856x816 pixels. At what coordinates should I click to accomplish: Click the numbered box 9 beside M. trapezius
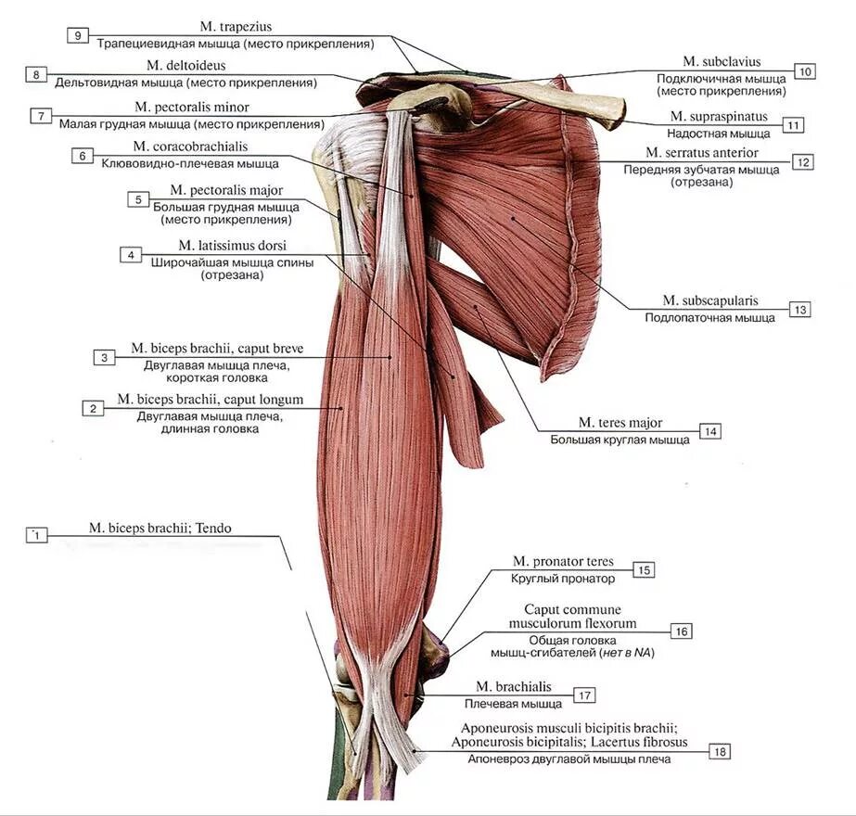click(x=79, y=35)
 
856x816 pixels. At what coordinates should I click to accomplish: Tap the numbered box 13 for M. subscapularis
click(x=799, y=309)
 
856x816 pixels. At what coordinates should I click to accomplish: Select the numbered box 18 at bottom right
click(x=719, y=751)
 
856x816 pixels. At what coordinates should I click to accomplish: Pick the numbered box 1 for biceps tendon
click(x=35, y=535)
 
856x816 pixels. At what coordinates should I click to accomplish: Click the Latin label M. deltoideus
click(x=185, y=66)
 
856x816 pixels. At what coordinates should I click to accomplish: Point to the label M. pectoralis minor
click(x=191, y=108)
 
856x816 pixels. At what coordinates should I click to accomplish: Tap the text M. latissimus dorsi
click(x=232, y=246)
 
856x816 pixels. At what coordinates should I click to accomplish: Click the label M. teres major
click(x=620, y=423)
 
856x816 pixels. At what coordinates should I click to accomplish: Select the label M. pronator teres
click(x=563, y=562)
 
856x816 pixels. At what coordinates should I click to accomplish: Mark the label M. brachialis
click(x=513, y=687)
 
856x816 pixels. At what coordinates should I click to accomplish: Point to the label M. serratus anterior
click(x=702, y=152)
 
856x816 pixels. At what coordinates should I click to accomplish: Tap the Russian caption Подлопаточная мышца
click(x=709, y=318)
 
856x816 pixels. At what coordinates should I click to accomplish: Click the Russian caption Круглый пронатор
click(x=563, y=579)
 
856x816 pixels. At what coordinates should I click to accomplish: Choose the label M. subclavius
click(x=722, y=62)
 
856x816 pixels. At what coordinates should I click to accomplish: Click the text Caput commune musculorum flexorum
click(x=580, y=617)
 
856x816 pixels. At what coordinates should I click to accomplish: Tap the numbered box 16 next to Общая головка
click(x=681, y=631)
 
